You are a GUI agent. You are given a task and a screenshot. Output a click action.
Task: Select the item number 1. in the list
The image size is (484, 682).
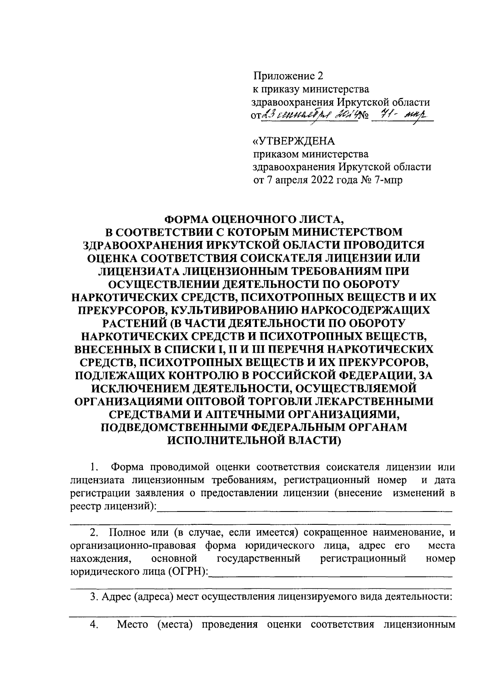pyautogui.click(x=94, y=467)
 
